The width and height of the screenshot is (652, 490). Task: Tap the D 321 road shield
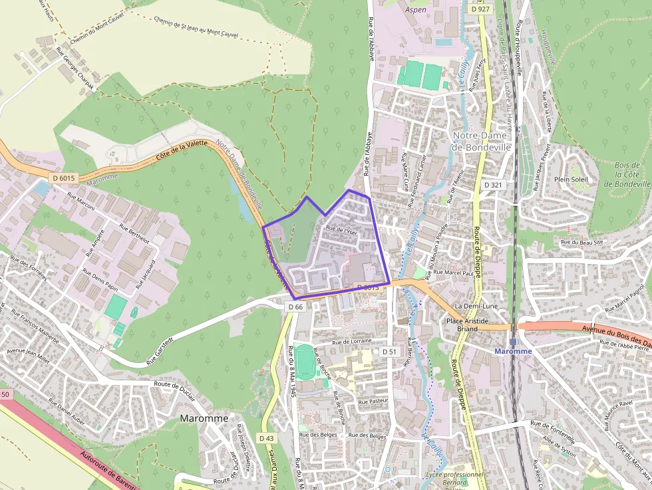click(x=493, y=184)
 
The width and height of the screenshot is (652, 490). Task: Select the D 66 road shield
click(x=296, y=306)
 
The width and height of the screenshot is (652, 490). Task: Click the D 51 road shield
click(x=389, y=350)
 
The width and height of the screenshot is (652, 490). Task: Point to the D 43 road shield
click(x=266, y=438)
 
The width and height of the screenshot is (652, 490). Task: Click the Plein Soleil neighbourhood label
click(x=571, y=179)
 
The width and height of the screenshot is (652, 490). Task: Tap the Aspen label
click(x=416, y=11)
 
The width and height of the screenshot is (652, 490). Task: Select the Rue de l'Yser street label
click(x=341, y=231)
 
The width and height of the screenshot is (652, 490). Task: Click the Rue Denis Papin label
click(x=100, y=281)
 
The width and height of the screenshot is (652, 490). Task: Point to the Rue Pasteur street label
click(x=373, y=402)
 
